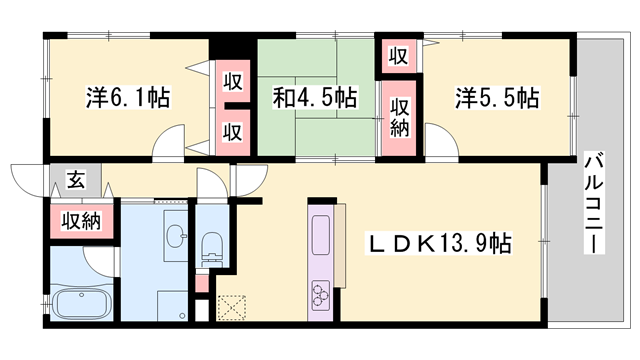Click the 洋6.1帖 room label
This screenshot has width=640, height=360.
click(127, 98)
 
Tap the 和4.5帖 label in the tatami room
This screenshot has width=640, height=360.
click(315, 98)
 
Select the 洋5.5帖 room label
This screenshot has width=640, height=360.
click(497, 98)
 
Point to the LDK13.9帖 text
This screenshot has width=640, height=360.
click(440, 243)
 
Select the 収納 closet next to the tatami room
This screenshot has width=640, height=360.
click(400, 114)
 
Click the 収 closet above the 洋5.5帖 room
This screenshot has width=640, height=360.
click(398, 56)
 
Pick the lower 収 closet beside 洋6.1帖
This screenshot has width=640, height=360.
click(232, 131)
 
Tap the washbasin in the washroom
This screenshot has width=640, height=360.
click(174, 238)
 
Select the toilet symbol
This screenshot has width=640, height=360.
click(211, 244)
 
